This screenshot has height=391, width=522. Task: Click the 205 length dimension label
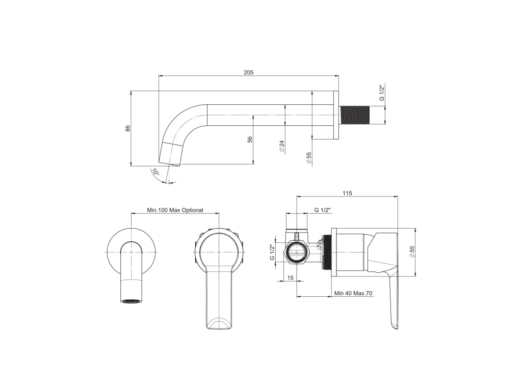tap(248, 72)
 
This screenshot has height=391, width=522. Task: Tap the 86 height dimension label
tap(128, 128)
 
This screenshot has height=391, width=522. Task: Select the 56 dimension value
tap(250, 139)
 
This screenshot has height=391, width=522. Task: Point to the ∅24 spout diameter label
tap(281, 146)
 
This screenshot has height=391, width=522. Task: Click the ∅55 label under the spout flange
tap(308, 158)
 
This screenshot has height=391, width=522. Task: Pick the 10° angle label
tap(155, 172)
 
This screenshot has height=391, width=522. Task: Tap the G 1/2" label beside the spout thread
tap(382, 93)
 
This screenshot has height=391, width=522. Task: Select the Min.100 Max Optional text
tap(175, 210)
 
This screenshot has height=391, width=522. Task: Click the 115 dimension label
tap(347, 193)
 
